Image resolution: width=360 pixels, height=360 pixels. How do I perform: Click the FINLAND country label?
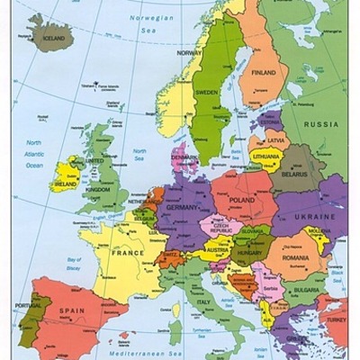pos(264,72)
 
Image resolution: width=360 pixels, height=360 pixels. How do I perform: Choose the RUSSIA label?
pos(320,124)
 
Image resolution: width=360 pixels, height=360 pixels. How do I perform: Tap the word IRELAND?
pos(66,183)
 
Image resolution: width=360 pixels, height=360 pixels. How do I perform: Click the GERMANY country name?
pos(182,207)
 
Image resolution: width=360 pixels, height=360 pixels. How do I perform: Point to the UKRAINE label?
pos(314,217)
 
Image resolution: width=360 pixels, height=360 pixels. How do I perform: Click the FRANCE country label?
pos(127,254)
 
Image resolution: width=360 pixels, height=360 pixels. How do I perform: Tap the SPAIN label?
pos(72,310)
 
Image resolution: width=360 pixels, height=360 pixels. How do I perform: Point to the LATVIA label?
pos(276,141)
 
